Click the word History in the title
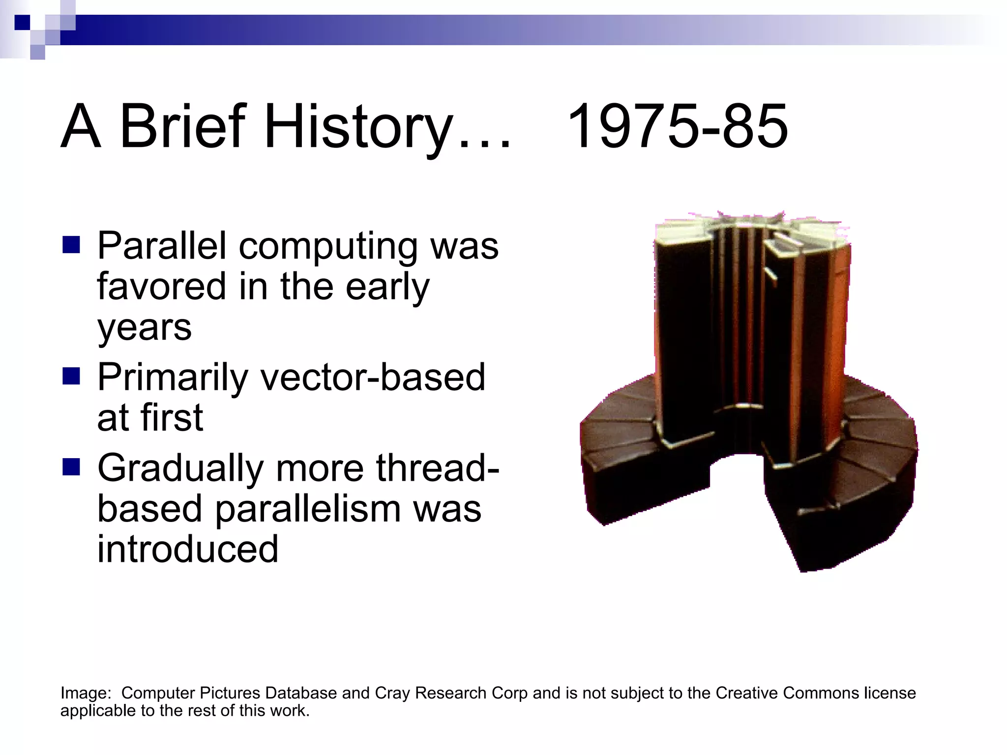[x=357, y=127]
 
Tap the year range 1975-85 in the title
[x=677, y=127]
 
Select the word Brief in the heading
[x=182, y=127]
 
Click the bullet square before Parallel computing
[x=71, y=245]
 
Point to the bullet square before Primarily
[x=71, y=377]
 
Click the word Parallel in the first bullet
[x=162, y=245]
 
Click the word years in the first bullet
[x=144, y=328]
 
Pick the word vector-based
[x=372, y=377]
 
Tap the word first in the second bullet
[x=172, y=418]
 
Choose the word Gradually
[x=180, y=468]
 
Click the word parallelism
[x=308, y=509]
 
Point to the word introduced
[x=187, y=550]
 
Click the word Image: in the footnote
[x=86, y=693]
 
